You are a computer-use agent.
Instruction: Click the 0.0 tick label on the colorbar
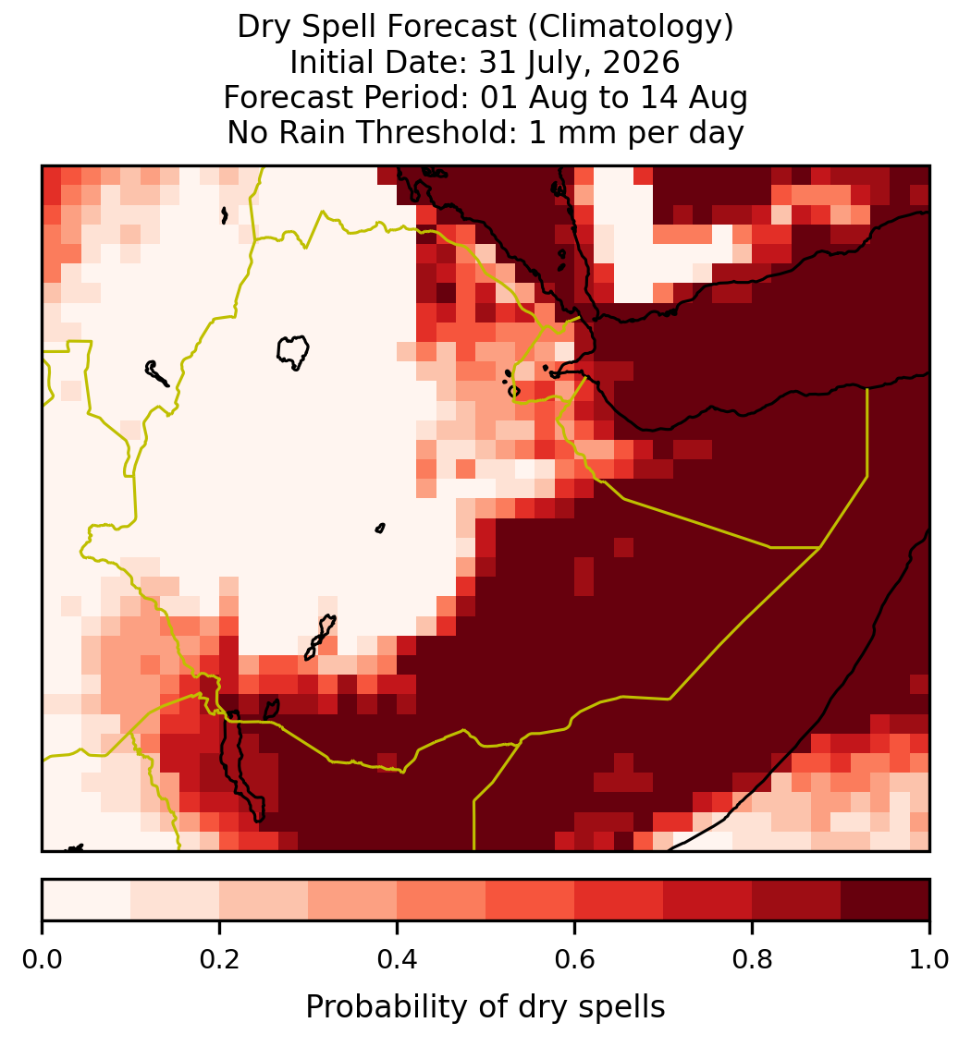(x=42, y=959)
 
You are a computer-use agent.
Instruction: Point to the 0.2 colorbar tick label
(x=219, y=959)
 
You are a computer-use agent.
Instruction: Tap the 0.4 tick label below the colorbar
(x=398, y=959)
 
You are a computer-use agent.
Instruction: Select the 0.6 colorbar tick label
(x=575, y=959)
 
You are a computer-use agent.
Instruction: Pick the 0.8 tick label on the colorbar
(x=753, y=959)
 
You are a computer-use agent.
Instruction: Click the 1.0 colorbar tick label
(x=929, y=959)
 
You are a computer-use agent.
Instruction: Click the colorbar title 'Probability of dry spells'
(x=485, y=1007)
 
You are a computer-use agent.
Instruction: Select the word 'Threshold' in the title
(x=436, y=132)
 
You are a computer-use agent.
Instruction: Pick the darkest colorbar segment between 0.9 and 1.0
(x=886, y=900)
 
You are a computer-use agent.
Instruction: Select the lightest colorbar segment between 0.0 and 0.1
(x=87, y=900)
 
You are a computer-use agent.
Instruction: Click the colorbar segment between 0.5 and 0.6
(x=531, y=900)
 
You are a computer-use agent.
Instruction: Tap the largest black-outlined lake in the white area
(x=293, y=351)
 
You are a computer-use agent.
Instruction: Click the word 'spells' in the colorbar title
(x=621, y=1007)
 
